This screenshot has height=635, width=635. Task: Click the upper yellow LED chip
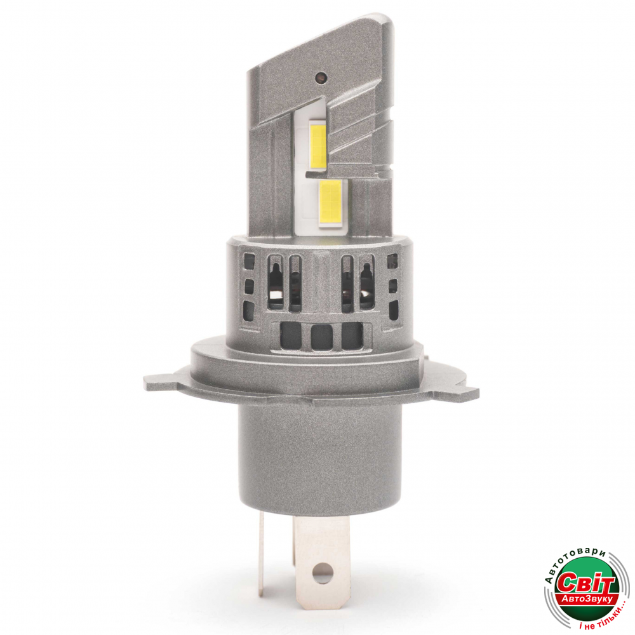click(x=319, y=146)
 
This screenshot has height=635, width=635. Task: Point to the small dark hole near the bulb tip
click(x=321, y=76)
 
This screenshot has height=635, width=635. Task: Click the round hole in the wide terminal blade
click(x=323, y=574)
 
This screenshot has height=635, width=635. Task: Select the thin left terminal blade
click(x=261, y=554)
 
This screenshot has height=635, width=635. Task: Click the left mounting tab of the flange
click(x=162, y=381)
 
